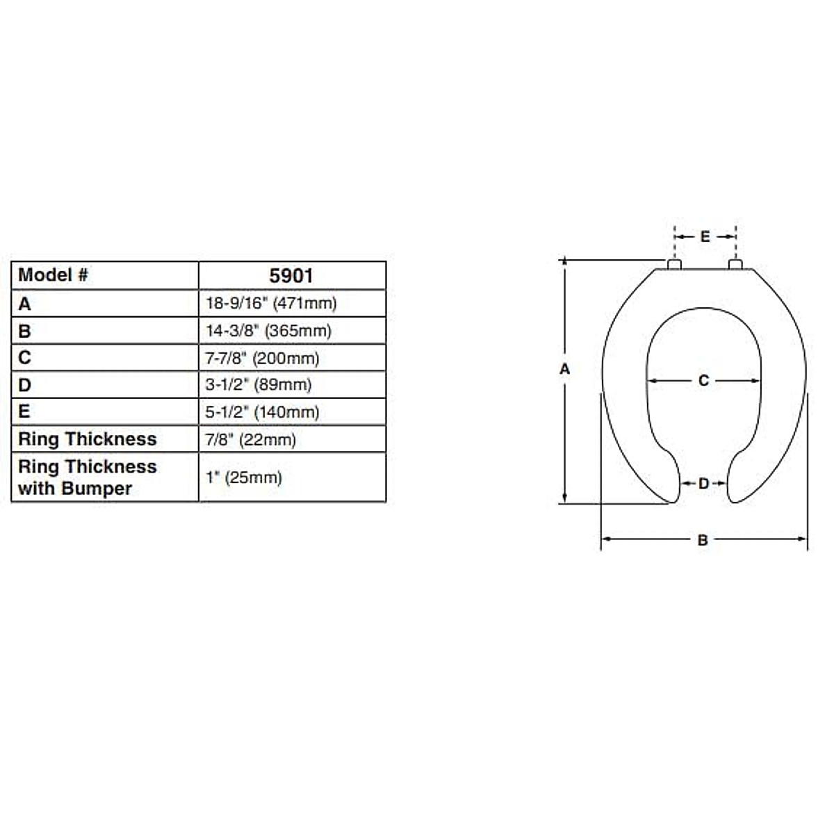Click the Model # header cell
(x=54, y=275)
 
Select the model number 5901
(x=291, y=276)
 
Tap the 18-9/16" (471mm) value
(x=271, y=303)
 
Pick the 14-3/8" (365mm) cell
(x=268, y=331)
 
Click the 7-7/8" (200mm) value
(x=262, y=358)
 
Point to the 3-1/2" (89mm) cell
(x=258, y=385)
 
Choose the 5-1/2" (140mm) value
(x=262, y=412)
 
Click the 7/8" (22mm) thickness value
(x=250, y=439)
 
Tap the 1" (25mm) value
(x=243, y=477)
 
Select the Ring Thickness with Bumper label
(x=87, y=477)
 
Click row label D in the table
(x=25, y=385)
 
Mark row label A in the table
(x=25, y=304)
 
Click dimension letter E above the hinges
(x=705, y=237)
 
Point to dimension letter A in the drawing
(x=564, y=369)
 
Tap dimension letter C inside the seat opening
(x=703, y=381)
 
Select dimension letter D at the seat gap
(x=703, y=483)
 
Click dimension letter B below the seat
(x=703, y=539)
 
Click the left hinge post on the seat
(x=674, y=264)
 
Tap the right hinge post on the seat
(x=735, y=264)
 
